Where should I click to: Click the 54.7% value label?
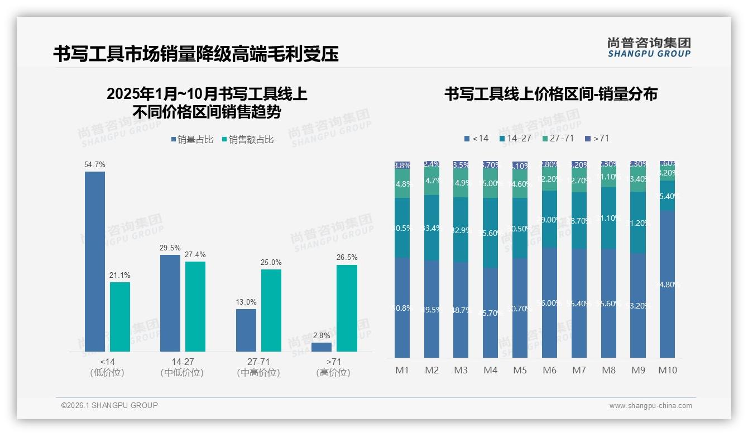95,165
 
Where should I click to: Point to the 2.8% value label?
322,335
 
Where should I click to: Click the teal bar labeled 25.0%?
271,310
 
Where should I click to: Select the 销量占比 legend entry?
192,140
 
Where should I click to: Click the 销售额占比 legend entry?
248,140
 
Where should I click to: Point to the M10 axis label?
668,370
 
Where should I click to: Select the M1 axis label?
402,370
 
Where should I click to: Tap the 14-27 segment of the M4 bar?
490,233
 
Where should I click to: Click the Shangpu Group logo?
649,48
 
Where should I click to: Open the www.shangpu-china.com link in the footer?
650,406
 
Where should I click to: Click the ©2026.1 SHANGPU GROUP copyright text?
109,405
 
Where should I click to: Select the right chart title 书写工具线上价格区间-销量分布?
550,94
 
